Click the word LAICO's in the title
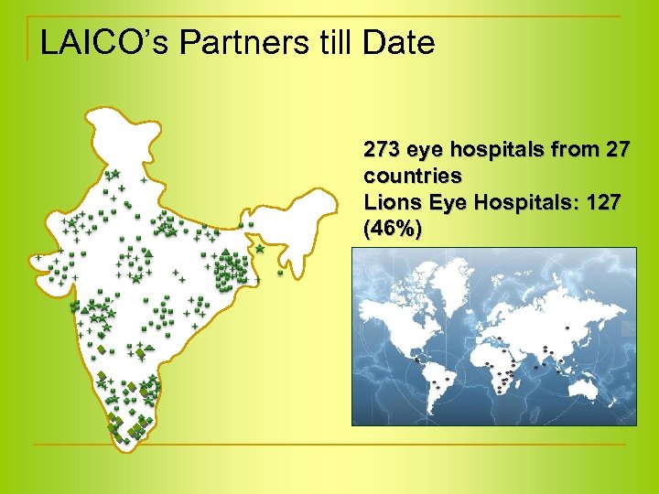(92, 42)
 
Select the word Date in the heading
(399, 42)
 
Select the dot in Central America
(417, 360)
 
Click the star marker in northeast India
(260, 248)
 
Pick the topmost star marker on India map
(115, 174)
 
